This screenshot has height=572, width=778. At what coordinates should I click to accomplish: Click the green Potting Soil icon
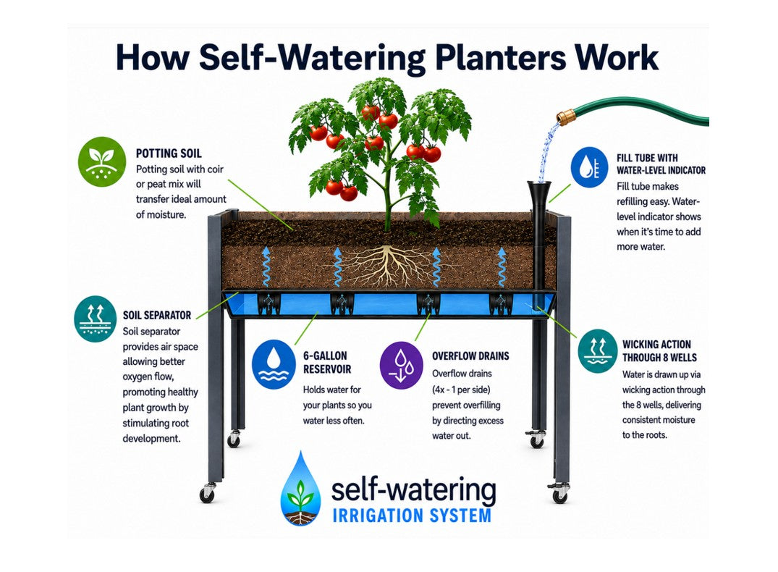click(102, 162)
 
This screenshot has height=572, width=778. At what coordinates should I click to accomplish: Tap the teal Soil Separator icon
click(95, 319)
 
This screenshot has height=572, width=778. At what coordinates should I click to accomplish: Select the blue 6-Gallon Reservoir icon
click(274, 364)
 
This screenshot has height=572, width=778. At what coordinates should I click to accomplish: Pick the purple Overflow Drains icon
click(402, 365)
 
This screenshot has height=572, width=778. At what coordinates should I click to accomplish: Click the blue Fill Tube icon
click(589, 167)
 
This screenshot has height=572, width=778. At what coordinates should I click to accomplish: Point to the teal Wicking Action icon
click(598, 350)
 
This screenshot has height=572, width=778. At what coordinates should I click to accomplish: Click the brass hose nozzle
click(565, 118)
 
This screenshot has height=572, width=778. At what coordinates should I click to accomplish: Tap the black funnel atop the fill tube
click(539, 193)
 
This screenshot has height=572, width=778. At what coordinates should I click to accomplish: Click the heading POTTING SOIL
click(169, 153)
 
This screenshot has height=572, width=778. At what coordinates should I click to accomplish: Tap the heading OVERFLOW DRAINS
click(470, 356)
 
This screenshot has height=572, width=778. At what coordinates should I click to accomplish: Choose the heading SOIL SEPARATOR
click(157, 315)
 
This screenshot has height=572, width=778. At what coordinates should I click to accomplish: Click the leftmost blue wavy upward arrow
click(266, 266)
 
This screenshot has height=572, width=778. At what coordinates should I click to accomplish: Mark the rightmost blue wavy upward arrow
click(502, 266)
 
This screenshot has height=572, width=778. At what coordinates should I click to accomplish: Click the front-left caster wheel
click(208, 493)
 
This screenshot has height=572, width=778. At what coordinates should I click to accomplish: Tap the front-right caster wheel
click(559, 494)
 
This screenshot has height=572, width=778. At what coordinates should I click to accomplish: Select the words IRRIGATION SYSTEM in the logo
click(412, 516)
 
